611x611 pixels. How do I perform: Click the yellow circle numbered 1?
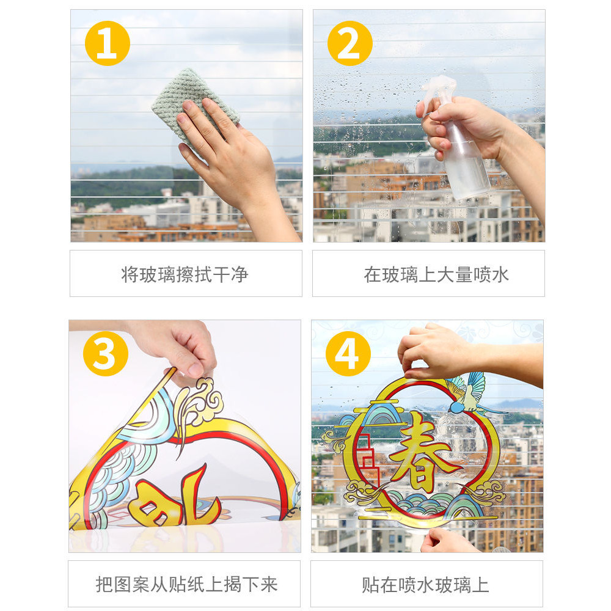(x=107, y=43)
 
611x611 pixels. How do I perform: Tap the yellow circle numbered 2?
(x=349, y=43)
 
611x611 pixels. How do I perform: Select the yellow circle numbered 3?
(x=106, y=353)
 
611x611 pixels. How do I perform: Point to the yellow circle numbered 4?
(x=348, y=353)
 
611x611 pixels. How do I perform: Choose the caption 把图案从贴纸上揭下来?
(x=186, y=585)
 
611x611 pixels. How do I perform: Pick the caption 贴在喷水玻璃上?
(x=425, y=585)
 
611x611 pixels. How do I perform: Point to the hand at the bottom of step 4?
(x=448, y=541)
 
